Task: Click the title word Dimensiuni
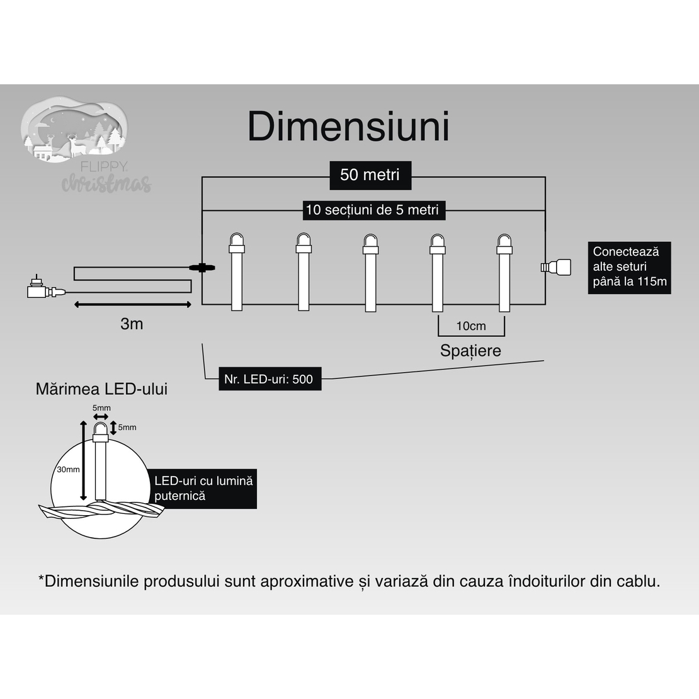pyautogui.click(x=348, y=127)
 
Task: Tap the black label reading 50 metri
pyautogui.click(x=370, y=175)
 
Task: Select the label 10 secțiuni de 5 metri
pyautogui.click(x=372, y=210)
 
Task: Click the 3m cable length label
pyautogui.click(x=132, y=324)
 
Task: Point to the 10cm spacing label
pyautogui.click(x=471, y=326)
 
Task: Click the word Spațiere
pyautogui.click(x=470, y=351)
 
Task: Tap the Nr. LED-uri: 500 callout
pyautogui.click(x=270, y=379)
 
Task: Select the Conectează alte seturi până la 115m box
pyautogui.click(x=629, y=267)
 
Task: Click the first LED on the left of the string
pyautogui.click(x=237, y=271)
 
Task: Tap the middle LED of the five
pyautogui.click(x=370, y=271)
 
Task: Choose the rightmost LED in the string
pyautogui.click(x=503, y=271)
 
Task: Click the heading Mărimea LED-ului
pyautogui.click(x=101, y=389)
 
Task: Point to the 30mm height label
pyautogui.click(x=68, y=469)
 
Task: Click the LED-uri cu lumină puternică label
pyautogui.click(x=203, y=488)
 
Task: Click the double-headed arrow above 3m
pyautogui.click(x=132, y=305)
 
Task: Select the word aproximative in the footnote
pyautogui.click(x=307, y=581)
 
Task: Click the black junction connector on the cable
pyautogui.click(x=202, y=268)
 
